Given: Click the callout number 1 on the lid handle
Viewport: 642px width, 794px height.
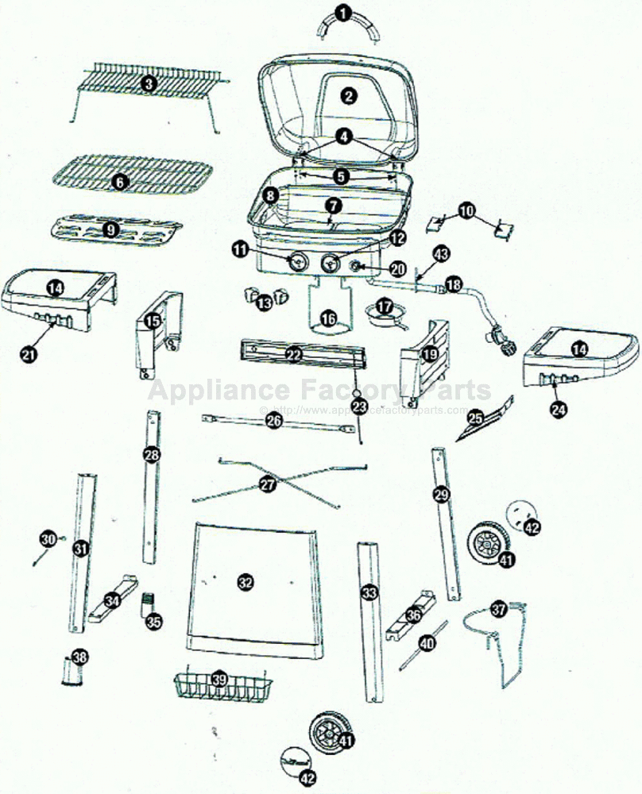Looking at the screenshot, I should coord(342,13).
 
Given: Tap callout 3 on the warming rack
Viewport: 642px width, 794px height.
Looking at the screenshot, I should coord(149,82).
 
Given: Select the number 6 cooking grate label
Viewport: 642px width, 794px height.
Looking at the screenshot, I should coord(119,182).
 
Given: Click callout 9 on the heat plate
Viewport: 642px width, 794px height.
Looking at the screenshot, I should coord(110,229).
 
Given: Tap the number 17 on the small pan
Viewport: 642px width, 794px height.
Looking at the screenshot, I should coord(385,306).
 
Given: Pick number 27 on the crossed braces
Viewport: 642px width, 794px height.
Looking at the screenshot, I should coord(268,484).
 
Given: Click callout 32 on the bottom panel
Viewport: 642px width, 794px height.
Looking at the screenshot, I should coord(246,583).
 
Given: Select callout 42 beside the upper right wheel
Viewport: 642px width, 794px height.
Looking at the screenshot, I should coord(532,526).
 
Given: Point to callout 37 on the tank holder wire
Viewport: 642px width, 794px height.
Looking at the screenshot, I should coord(498,610).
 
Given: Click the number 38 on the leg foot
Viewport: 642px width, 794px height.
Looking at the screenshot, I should coord(79,657).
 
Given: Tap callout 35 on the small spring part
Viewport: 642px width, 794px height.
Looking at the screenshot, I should coord(153,622).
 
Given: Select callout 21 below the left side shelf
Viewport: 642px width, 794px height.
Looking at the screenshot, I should coord(29,356).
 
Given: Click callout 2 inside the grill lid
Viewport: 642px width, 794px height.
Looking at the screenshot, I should coord(348,96).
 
